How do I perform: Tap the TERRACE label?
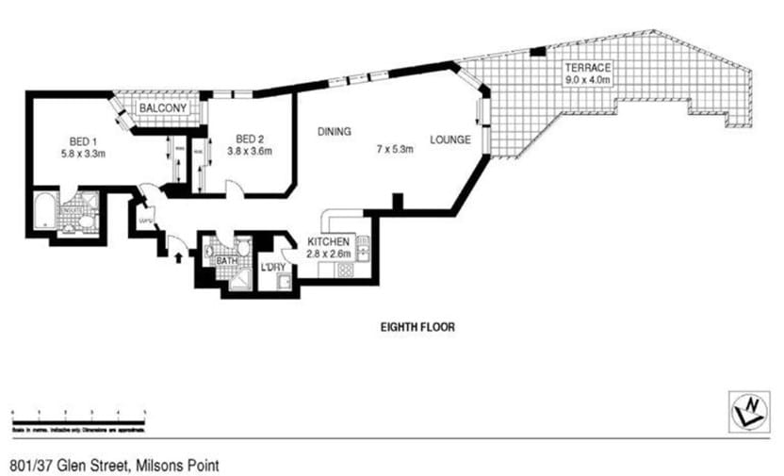click(x=589, y=68)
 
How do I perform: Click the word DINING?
click(x=335, y=131)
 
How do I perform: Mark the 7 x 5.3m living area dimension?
click(x=394, y=149)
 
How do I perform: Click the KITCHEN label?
click(x=329, y=242)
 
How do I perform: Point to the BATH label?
click(x=227, y=260)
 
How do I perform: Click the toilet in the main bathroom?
click(x=242, y=248)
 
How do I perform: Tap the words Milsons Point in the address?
click(x=178, y=465)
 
